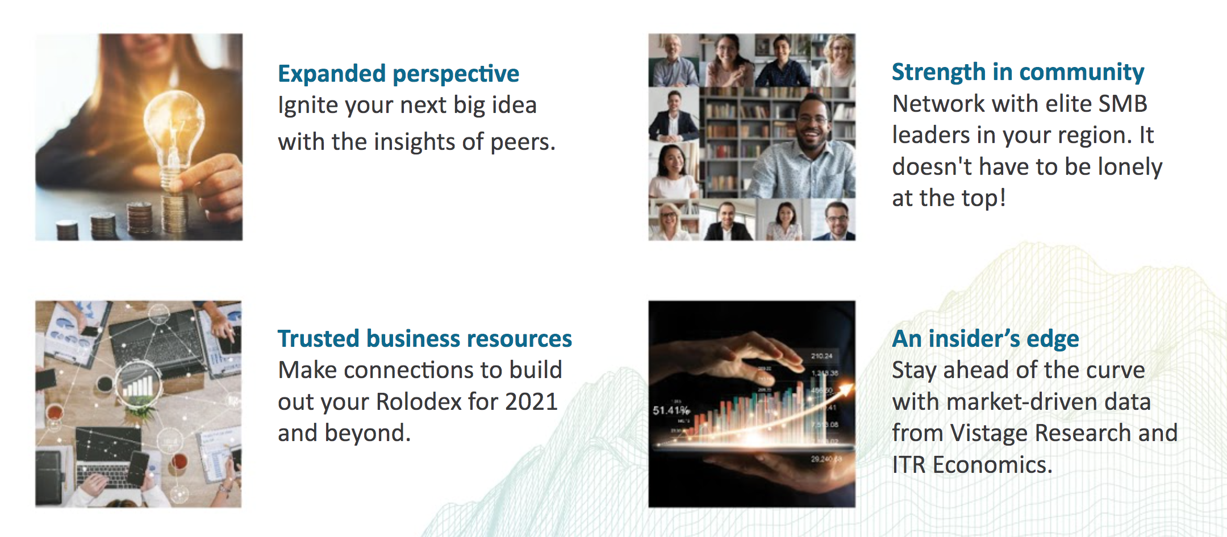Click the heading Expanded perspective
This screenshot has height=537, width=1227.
[x=398, y=74]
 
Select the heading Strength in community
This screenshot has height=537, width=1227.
[x=1018, y=72]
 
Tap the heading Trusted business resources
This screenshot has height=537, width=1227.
[x=424, y=338]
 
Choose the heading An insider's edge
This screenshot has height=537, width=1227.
[x=986, y=339]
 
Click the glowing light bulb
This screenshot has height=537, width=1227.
[x=173, y=136]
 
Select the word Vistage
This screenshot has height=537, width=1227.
[x=989, y=433]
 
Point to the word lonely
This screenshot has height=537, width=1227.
[x=1130, y=167]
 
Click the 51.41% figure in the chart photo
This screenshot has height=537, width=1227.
[x=671, y=410]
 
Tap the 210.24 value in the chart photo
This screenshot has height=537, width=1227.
[x=821, y=356]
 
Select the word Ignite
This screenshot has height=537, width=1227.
[x=305, y=106]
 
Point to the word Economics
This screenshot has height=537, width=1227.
[x=992, y=465]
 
